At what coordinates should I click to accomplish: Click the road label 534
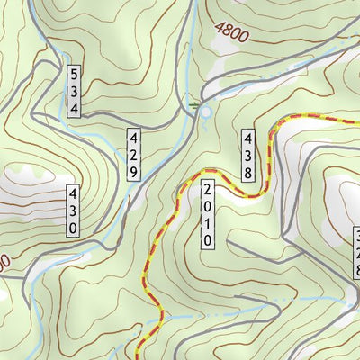[76, 90]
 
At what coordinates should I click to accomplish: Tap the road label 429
[133, 154]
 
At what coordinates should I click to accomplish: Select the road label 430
[72, 211]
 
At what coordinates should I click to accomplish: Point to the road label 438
[248, 154]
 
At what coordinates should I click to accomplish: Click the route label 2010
[207, 215]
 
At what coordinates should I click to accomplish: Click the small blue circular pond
[205, 111]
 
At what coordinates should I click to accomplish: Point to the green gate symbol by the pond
[194, 106]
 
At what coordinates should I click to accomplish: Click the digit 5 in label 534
[76, 73]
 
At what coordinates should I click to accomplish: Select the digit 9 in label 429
[133, 170]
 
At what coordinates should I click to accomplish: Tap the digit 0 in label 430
[72, 228]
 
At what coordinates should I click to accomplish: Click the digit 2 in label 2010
[207, 191]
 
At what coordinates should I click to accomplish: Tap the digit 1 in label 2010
[207, 223]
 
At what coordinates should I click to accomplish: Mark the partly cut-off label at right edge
[355, 254]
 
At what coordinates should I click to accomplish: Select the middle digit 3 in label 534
[76, 90]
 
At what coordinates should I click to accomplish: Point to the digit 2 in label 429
[133, 154]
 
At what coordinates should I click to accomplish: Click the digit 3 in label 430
[72, 211]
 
